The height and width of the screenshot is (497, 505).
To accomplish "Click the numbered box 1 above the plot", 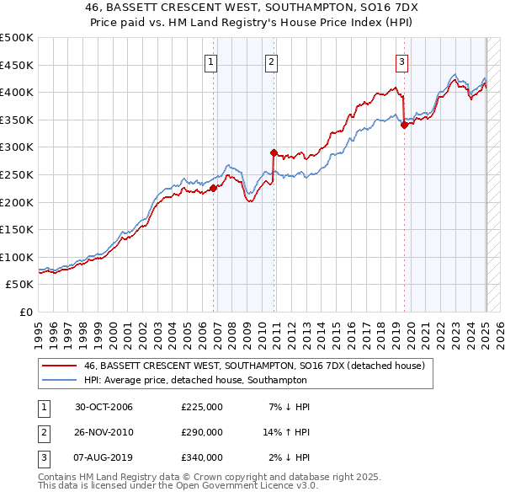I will coord(210,61).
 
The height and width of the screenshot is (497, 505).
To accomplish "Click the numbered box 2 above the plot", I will coord(271,61).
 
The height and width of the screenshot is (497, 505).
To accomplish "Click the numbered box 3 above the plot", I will coord(401,61).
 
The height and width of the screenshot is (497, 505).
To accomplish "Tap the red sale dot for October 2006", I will coord(214,189).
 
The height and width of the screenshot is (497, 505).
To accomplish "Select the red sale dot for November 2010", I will coord(274,152).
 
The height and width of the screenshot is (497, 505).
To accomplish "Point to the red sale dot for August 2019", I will coord(404,126).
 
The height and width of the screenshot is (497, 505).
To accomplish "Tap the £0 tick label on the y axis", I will coord(26,312).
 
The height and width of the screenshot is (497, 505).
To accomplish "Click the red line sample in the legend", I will coord(59,366).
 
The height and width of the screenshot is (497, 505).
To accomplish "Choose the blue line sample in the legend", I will coord(59,380).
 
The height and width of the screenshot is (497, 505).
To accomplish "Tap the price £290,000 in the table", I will coord(202,432).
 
